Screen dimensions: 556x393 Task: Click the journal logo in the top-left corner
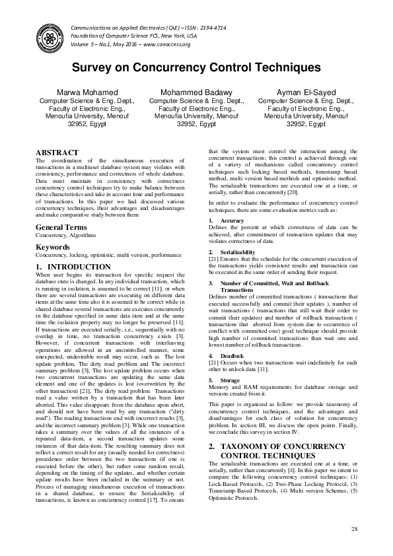[49, 35]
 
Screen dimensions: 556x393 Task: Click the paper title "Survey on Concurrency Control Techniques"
[196, 68]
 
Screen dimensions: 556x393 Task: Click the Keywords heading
[52, 248]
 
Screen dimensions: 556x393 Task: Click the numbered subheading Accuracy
[231, 220]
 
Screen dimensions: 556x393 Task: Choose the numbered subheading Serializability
[238, 252]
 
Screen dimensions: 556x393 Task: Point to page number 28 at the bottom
[354, 529]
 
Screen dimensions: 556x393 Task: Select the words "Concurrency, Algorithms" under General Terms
[65, 235]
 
